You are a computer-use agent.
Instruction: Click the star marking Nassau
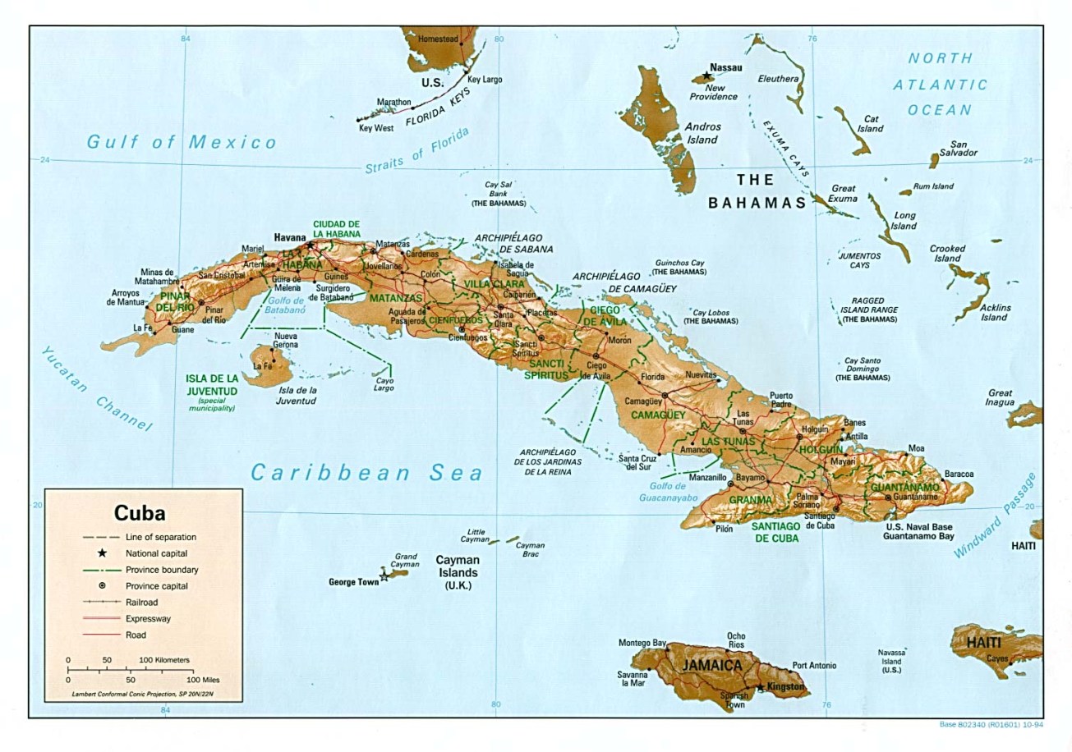tap(706, 76)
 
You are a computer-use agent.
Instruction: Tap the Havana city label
tap(290, 237)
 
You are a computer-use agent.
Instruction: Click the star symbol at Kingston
tap(761, 686)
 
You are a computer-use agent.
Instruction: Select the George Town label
tap(354, 582)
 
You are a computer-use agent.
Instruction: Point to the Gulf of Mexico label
tap(182, 142)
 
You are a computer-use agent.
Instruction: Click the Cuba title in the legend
tap(140, 514)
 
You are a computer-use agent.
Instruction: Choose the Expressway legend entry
tap(148, 618)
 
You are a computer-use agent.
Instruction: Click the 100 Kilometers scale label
tap(163, 660)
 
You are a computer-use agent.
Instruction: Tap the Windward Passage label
tap(995, 516)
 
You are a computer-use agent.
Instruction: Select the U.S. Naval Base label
tap(918, 527)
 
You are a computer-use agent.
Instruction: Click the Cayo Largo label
tap(384, 384)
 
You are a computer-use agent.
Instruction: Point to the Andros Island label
tap(702, 133)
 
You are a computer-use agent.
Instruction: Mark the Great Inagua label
tap(1000, 397)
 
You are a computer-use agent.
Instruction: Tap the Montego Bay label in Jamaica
tap(642, 643)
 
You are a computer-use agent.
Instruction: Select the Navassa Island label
tap(890, 661)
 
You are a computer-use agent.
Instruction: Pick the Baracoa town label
tap(959, 474)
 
